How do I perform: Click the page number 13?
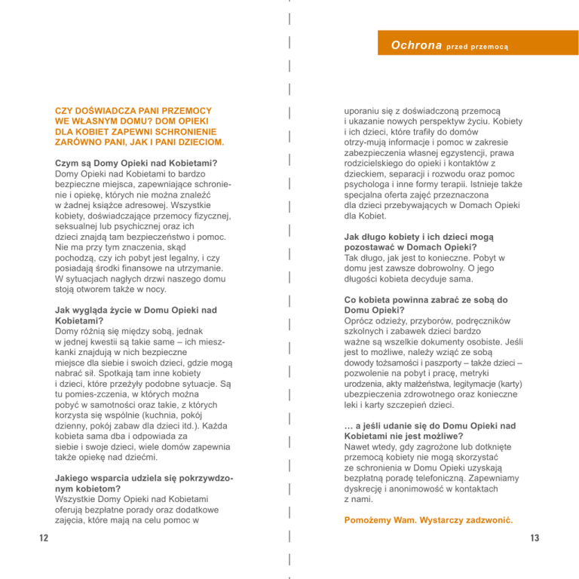pos(535,538)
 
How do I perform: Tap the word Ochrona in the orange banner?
pos(416,45)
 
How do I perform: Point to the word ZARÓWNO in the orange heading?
pos(79,142)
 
